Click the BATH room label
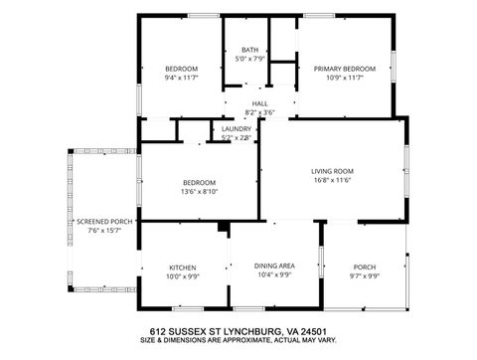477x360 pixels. click(x=249, y=50)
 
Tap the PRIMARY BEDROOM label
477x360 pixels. click(x=340, y=69)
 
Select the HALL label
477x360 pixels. click(x=259, y=103)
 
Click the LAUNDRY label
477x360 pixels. click(x=237, y=128)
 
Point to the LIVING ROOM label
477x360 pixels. click(x=334, y=171)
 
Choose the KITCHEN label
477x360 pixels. click(x=182, y=268)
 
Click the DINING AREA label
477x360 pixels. click(x=273, y=267)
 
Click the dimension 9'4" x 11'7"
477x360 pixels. click(x=182, y=78)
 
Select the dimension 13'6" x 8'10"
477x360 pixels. click(x=199, y=191)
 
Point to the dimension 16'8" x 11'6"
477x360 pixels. click(x=334, y=180)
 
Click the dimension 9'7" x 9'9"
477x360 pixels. click(x=365, y=276)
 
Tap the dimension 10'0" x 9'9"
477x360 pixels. click(x=182, y=276)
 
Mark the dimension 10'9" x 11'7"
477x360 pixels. click(x=340, y=78)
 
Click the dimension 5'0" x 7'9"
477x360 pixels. click(x=249, y=59)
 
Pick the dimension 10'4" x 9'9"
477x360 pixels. click(x=273, y=275)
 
